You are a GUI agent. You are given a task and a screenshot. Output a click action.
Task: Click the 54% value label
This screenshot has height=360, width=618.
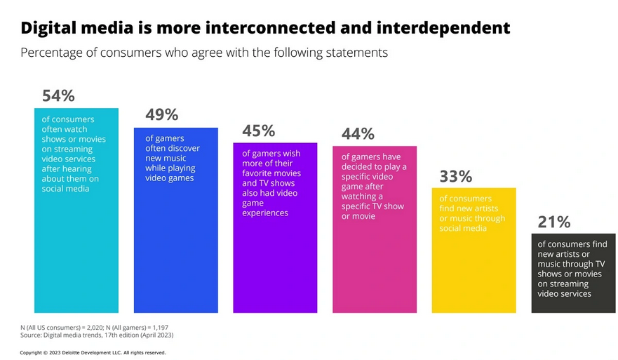[58, 96]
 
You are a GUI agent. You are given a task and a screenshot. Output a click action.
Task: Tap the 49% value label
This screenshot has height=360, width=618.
[161, 115]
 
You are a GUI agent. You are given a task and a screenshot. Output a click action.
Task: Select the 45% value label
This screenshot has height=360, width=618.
[258, 131]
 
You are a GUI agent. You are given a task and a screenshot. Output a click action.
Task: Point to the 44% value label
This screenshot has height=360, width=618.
[358, 134]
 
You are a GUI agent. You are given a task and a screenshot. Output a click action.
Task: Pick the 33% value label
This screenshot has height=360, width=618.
[456, 176]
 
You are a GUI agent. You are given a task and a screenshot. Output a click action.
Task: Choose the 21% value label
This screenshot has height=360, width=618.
[554, 222]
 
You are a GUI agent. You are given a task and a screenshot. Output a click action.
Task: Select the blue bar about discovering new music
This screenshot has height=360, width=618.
[175, 246]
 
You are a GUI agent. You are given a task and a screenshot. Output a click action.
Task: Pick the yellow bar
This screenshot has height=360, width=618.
[474, 274]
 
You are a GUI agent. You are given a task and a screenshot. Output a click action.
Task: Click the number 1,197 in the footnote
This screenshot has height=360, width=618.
[157, 328]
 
